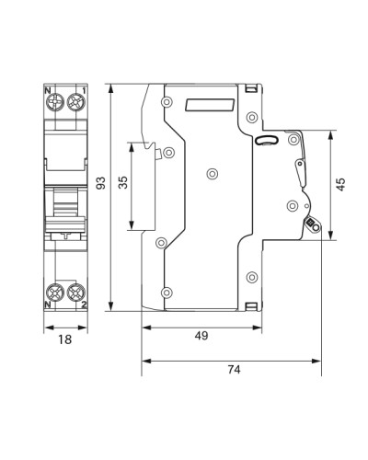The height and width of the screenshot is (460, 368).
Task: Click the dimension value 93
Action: pyautogui.click(x=101, y=183)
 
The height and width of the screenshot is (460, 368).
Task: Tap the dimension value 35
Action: pyautogui.click(x=123, y=182)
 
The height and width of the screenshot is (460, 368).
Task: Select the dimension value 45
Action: pyautogui.click(x=340, y=184)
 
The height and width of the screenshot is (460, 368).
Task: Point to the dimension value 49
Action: pyautogui.click(x=201, y=336)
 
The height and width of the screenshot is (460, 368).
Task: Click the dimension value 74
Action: pyautogui.click(x=234, y=369)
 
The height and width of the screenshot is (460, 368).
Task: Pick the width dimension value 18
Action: pyautogui.click(x=65, y=339)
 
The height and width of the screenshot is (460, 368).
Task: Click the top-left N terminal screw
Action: pyautogui.click(x=55, y=102)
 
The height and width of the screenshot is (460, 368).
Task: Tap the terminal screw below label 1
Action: pyautogui.click(x=75, y=102)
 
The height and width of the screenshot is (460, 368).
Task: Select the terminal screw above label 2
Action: pyautogui.click(x=75, y=292)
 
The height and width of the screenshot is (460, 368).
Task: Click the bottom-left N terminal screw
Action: pyautogui.click(x=55, y=292)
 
